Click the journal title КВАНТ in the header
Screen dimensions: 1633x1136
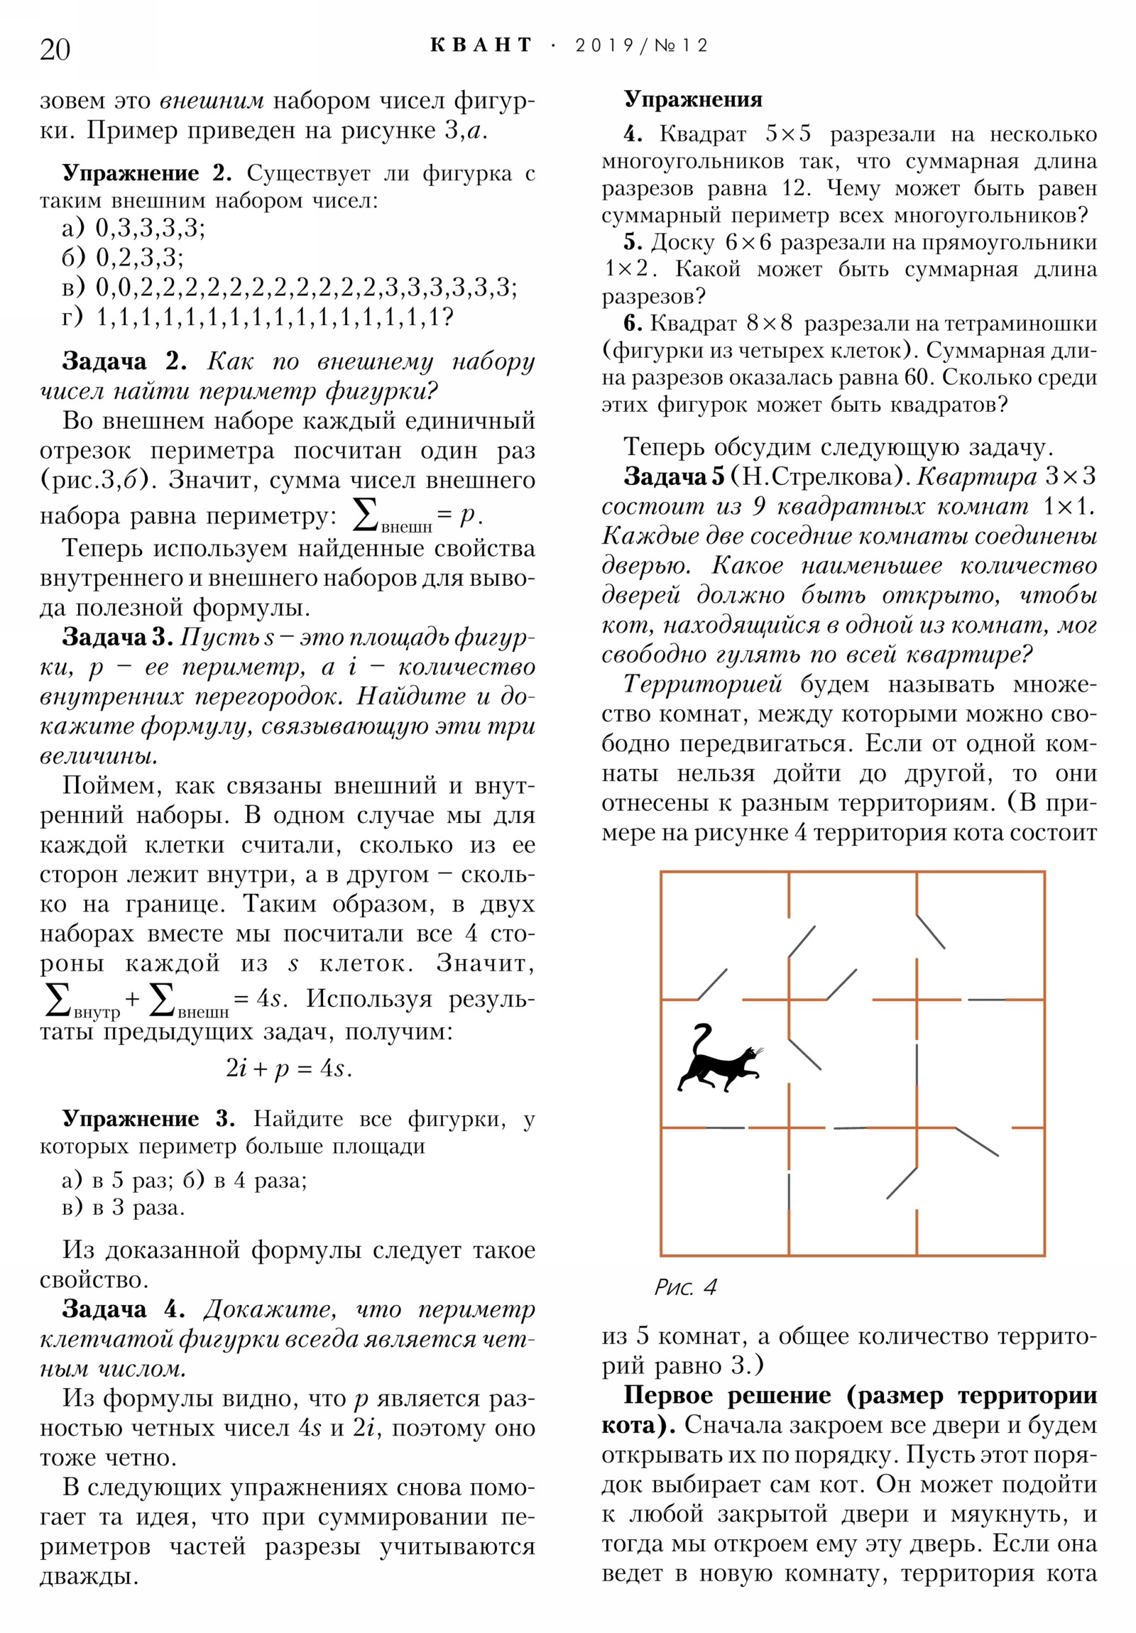pyautogui.click(x=481, y=45)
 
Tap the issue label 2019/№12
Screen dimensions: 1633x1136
pyautogui.click(x=642, y=46)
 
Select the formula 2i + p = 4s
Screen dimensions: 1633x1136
pyautogui.click(x=288, y=1069)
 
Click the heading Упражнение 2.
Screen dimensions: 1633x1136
pyautogui.click(x=146, y=173)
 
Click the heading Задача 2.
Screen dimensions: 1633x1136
pyautogui.click(x=124, y=361)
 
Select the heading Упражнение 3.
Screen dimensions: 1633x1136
pyautogui.click(x=148, y=1119)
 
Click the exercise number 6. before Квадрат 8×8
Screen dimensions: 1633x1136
pyautogui.click(x=633, y=324)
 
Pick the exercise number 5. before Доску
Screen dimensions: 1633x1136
pyautogui.click(x=633, y=243)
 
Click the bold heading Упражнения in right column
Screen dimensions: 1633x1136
pyautogui.click(x=693, y=99)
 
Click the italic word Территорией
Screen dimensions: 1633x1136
pyautogui.click(x=703, y=684)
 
